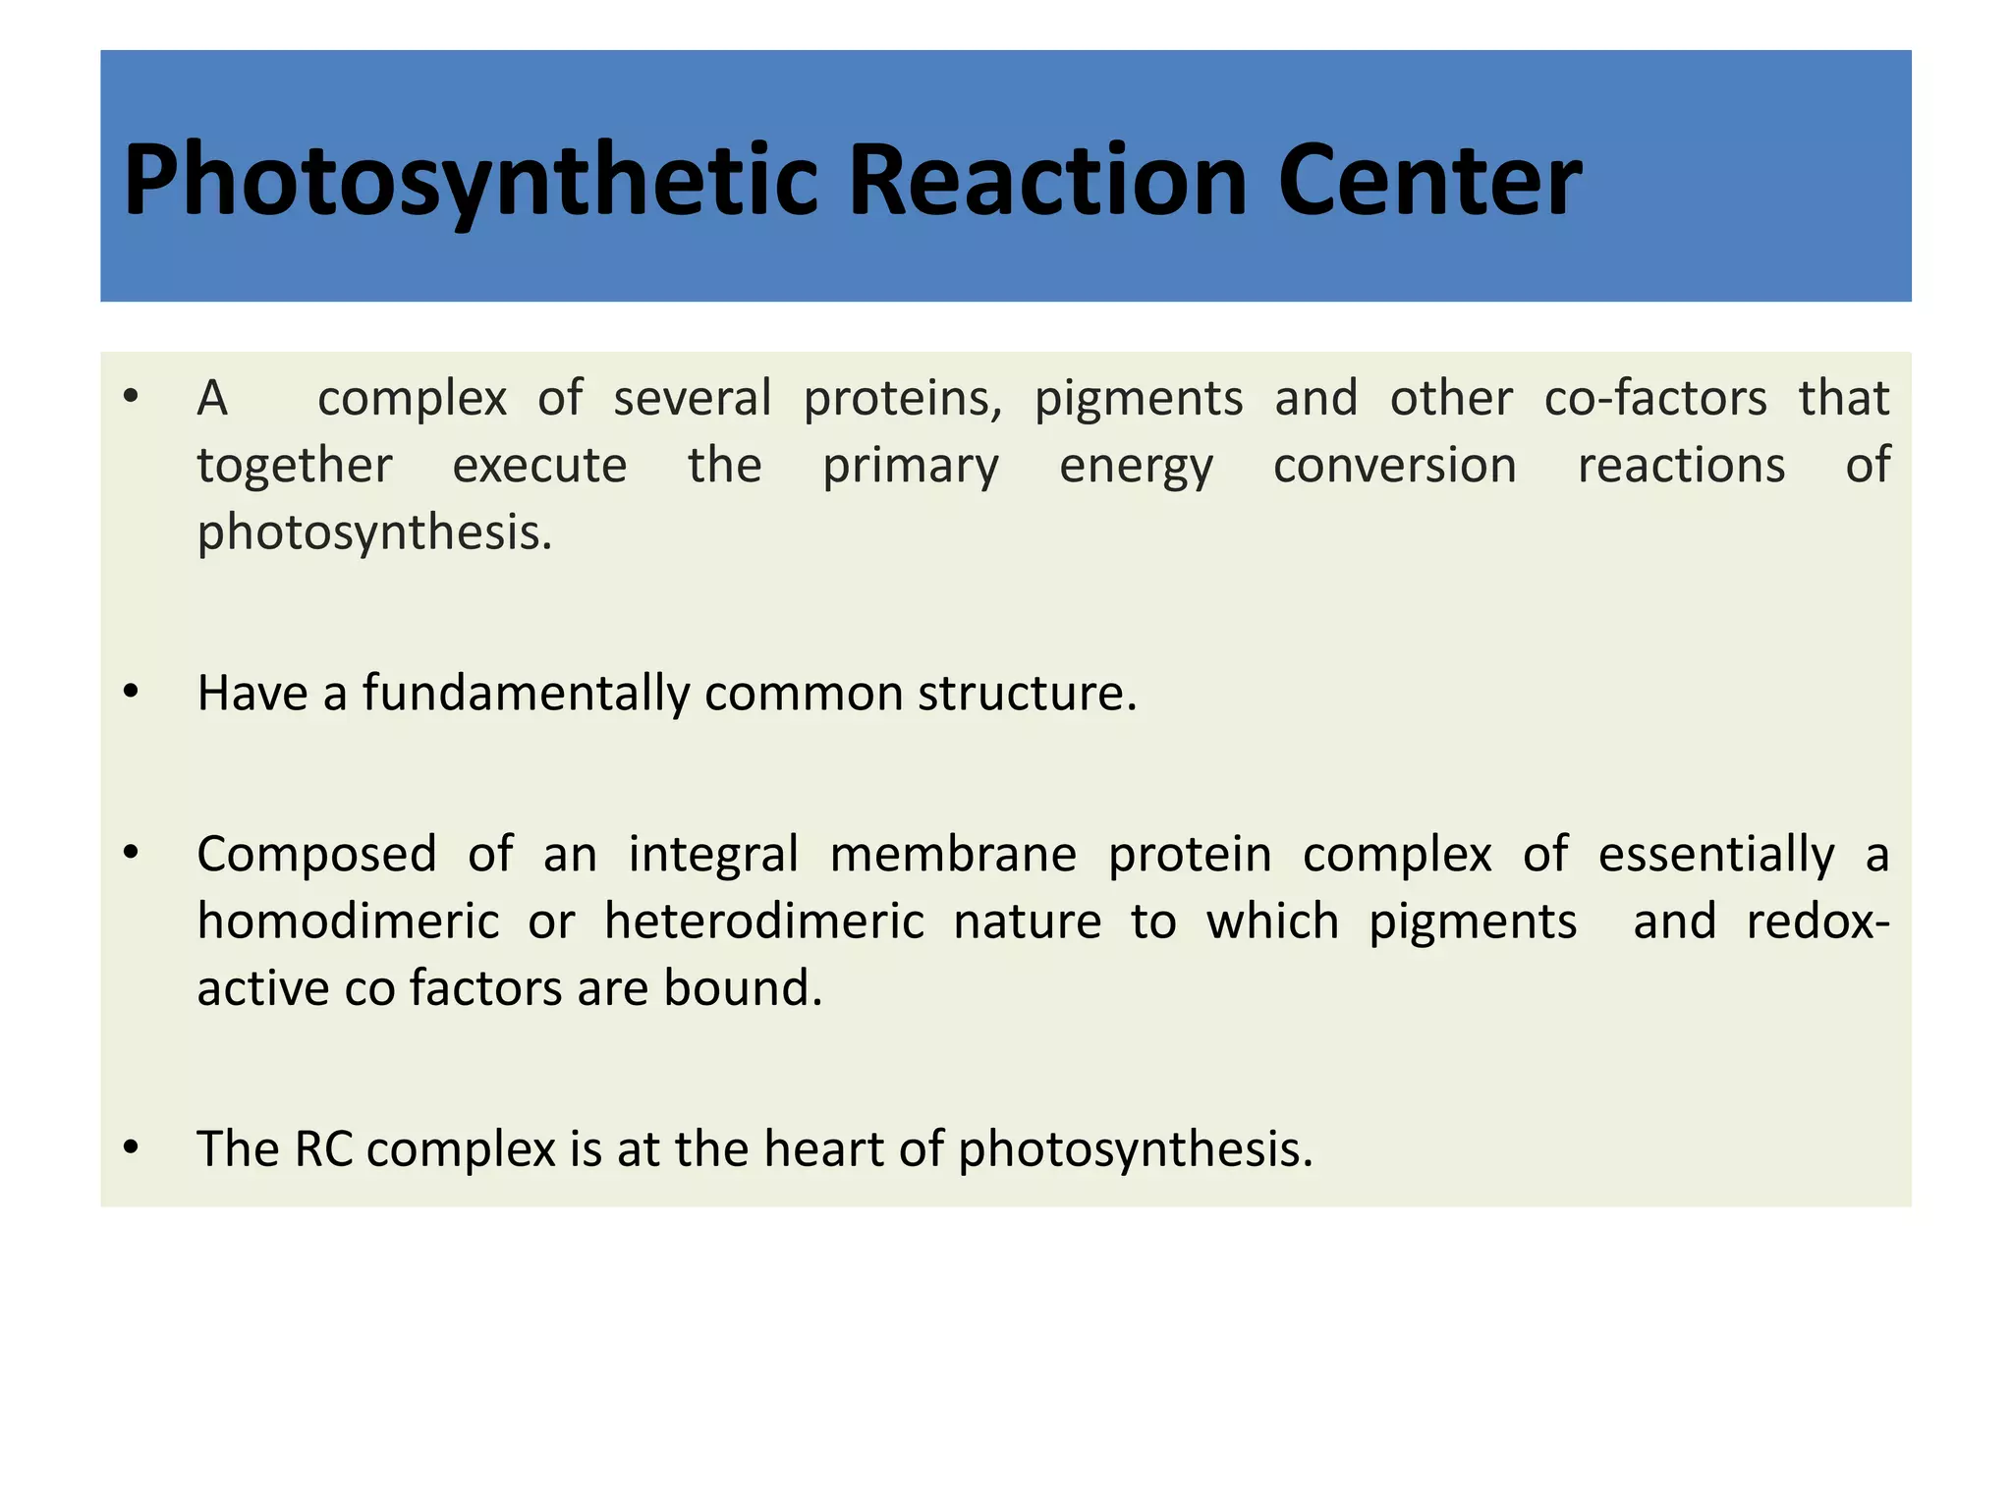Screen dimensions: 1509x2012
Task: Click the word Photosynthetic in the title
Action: (x=470, y=182)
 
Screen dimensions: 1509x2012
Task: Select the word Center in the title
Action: (x=1429, y=182)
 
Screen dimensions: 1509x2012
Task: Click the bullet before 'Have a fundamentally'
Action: (x=132, y=693)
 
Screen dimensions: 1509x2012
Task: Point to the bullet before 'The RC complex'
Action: (x=132, y=1147)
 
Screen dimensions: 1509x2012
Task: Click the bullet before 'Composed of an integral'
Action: (x=132, y=853)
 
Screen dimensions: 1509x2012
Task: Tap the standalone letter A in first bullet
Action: (x=212, y=399)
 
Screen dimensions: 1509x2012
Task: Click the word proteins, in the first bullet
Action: (x=903, y=399)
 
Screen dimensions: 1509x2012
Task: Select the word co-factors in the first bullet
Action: (x=1655, y=399)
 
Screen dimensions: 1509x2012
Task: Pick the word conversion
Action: (x=1395, y=466)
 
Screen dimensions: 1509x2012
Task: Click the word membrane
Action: (x=953, y=854)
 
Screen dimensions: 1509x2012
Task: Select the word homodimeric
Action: (x=348, y=922)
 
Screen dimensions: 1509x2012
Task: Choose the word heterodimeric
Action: (x=764, y=922)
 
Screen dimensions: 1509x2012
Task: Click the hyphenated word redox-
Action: (x=1817, y=922)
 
